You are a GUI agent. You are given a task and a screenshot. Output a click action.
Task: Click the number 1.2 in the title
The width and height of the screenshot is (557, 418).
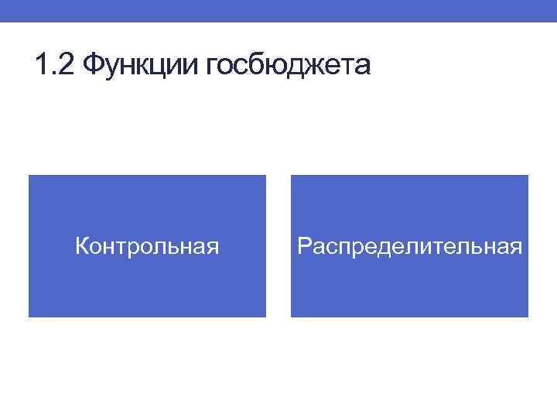click(x=54, y=66)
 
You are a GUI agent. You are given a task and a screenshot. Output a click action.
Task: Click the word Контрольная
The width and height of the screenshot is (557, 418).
click(x=147, y=247)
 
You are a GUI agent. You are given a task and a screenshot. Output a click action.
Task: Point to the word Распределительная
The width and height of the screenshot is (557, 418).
click(x=409, y=247)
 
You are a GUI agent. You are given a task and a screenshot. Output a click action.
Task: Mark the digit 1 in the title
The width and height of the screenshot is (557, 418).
click(x=42, y=66)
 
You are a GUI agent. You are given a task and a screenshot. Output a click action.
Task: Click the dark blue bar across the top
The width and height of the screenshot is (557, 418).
click(x=278, y=11)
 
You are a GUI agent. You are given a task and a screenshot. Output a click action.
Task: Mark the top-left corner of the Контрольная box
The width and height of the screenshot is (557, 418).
click(x=29, y=176)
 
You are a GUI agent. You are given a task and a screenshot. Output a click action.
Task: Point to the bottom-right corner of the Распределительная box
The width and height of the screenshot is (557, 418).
click(x=528, y=317)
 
